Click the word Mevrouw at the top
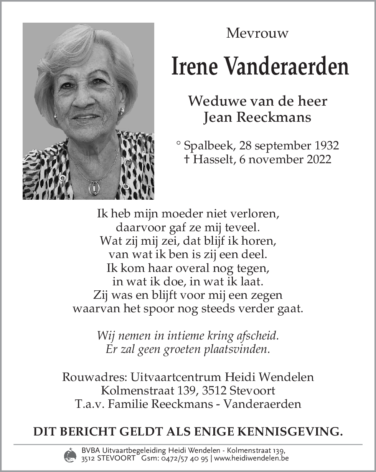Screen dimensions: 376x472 257,33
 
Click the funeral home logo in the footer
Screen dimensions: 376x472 70,455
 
